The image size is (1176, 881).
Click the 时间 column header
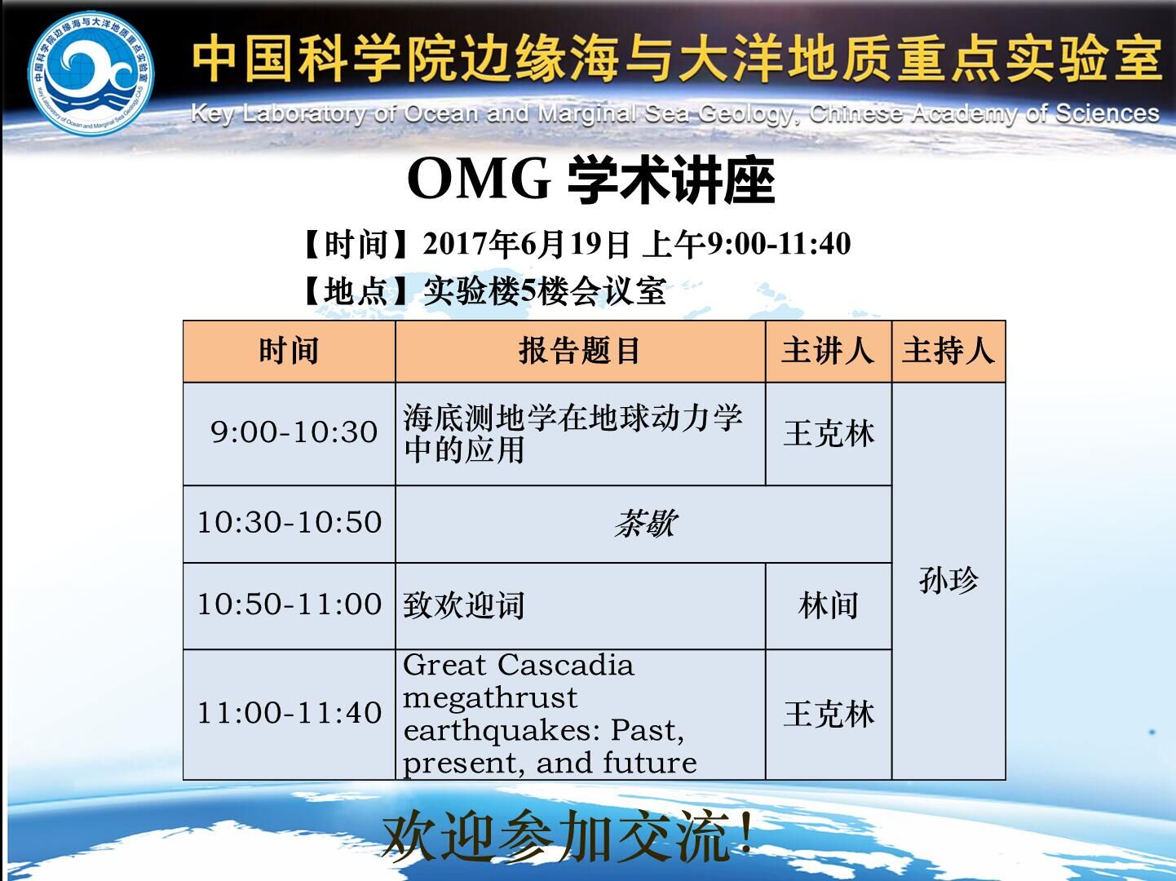(x=290, y=352)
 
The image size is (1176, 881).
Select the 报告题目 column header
(x=580, y=352)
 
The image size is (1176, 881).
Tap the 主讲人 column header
(x=829, y=352)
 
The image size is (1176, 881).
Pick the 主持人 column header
(x=948, y=352)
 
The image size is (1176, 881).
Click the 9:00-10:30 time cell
(x=290, y=434)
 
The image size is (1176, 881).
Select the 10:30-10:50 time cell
(x=290, y=524)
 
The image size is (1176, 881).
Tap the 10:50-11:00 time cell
(x=290, y=605)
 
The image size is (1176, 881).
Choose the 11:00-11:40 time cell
(x=290, y=715)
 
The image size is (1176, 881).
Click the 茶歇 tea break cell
(x=643, y=524)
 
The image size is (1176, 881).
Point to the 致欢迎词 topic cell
(x=580, y=605)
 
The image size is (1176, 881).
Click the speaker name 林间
(x=829, y=605)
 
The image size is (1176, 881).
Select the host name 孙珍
(x=948, y=580)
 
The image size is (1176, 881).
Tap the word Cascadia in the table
(x=566, y=666)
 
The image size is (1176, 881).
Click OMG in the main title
(x=479, y=179)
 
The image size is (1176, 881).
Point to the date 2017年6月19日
(x=525, y=244)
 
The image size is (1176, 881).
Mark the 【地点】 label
(x=356, y=292)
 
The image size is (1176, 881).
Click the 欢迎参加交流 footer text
(x=568, y=836)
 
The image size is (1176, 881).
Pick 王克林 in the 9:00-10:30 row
(x=829, y=433)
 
